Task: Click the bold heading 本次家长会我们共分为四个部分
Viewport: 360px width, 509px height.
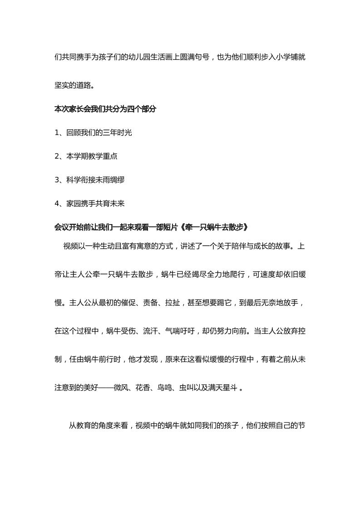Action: [105, 109]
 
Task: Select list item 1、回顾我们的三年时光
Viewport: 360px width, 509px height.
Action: [93, 132]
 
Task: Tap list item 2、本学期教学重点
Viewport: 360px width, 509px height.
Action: [86, 156]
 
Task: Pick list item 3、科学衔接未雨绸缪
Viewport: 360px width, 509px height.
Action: [89, 180]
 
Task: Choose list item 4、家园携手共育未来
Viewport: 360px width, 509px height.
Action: [89, 203]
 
